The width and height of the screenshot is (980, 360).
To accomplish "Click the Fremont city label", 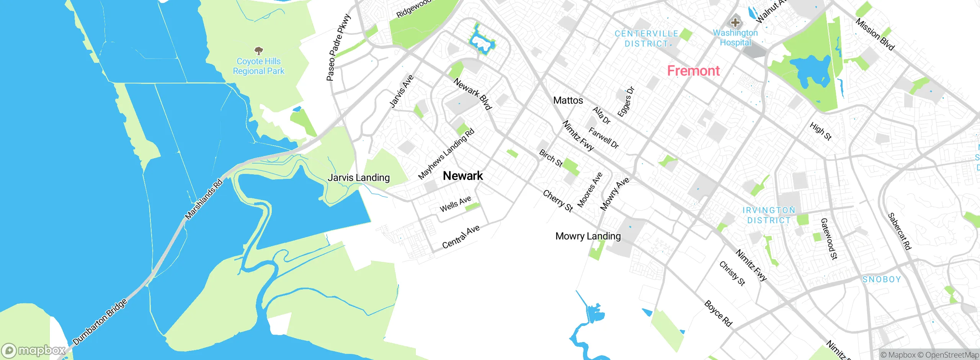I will [x=693, y=71].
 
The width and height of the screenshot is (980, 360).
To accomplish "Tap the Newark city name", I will [x=463, y=176].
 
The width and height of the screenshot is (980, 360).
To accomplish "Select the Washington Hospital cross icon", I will [x=735, y=22].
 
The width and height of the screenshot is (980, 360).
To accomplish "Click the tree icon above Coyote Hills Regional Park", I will [x=259, y=51].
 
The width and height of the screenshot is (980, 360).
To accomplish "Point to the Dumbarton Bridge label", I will [x=100, y=322].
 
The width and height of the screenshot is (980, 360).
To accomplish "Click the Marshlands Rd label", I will [x=204, y=199].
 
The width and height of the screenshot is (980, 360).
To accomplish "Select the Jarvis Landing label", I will [x=359, y=178].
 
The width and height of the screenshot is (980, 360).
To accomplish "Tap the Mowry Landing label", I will [x=588, y=236].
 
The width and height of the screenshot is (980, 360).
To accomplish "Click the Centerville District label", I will [x=646, y=39].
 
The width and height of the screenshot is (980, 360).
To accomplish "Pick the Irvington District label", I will [x=769, y=215].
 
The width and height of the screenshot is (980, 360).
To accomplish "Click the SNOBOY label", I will [x=882, y=280].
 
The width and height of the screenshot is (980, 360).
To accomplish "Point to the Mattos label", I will [x=568, y=100].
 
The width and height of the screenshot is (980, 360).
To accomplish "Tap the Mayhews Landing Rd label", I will [x=446, y=154].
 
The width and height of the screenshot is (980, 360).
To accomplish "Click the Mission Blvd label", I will [x=875, y=34].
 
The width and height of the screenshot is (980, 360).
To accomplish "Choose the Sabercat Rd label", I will [x=899, y=231].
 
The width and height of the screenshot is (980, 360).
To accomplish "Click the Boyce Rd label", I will [x=718, y=314].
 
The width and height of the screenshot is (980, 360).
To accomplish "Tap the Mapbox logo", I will [x=34, y=350].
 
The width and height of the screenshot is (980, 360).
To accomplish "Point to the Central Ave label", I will [x=461, y=237].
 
